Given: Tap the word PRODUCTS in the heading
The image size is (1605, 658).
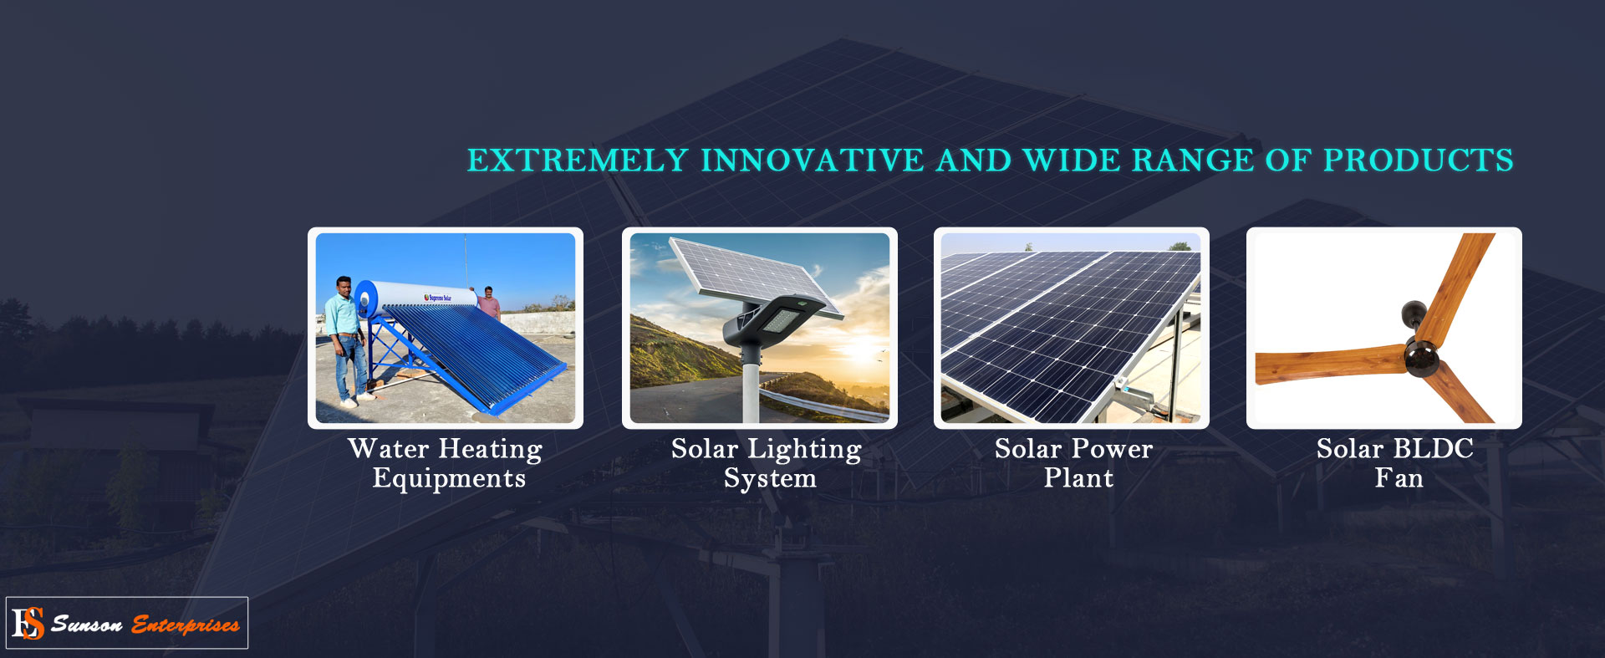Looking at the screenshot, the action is [1419, 161].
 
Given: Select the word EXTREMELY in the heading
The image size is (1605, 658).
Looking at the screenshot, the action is [578, 161].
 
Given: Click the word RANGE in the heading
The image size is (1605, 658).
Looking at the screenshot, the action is [1193, 161].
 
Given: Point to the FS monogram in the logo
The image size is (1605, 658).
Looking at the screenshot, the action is [28, 624].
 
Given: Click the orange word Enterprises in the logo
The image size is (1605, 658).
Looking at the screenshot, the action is [186, 625].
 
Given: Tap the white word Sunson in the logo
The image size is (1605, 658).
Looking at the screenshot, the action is [87, 624].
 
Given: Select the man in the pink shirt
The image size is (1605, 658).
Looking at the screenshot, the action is [489, 303].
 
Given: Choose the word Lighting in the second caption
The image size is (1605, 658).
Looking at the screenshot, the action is [804, 450].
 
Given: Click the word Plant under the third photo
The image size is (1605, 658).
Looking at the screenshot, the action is [1078, 478].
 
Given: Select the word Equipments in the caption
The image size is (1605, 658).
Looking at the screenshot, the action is [449, 479].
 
